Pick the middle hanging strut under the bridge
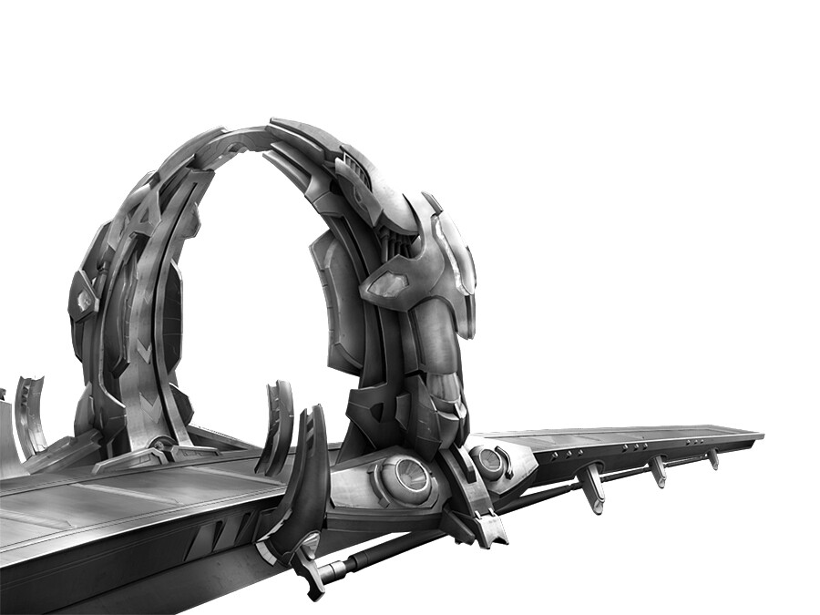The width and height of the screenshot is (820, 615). pyautogui.click(x=657, y=469)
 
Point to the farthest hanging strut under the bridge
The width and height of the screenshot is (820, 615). pyautogui.click(x=712, y=458)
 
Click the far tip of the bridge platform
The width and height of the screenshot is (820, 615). pyautogui.click(x=758, y=436)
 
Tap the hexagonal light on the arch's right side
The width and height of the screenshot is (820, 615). pyautogui.click(x=390, y=285)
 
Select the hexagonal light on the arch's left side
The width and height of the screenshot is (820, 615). pyautogui.click(x=84, y=300)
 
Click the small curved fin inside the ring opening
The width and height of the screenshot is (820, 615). pyautogui.click(x=277, y=428)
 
